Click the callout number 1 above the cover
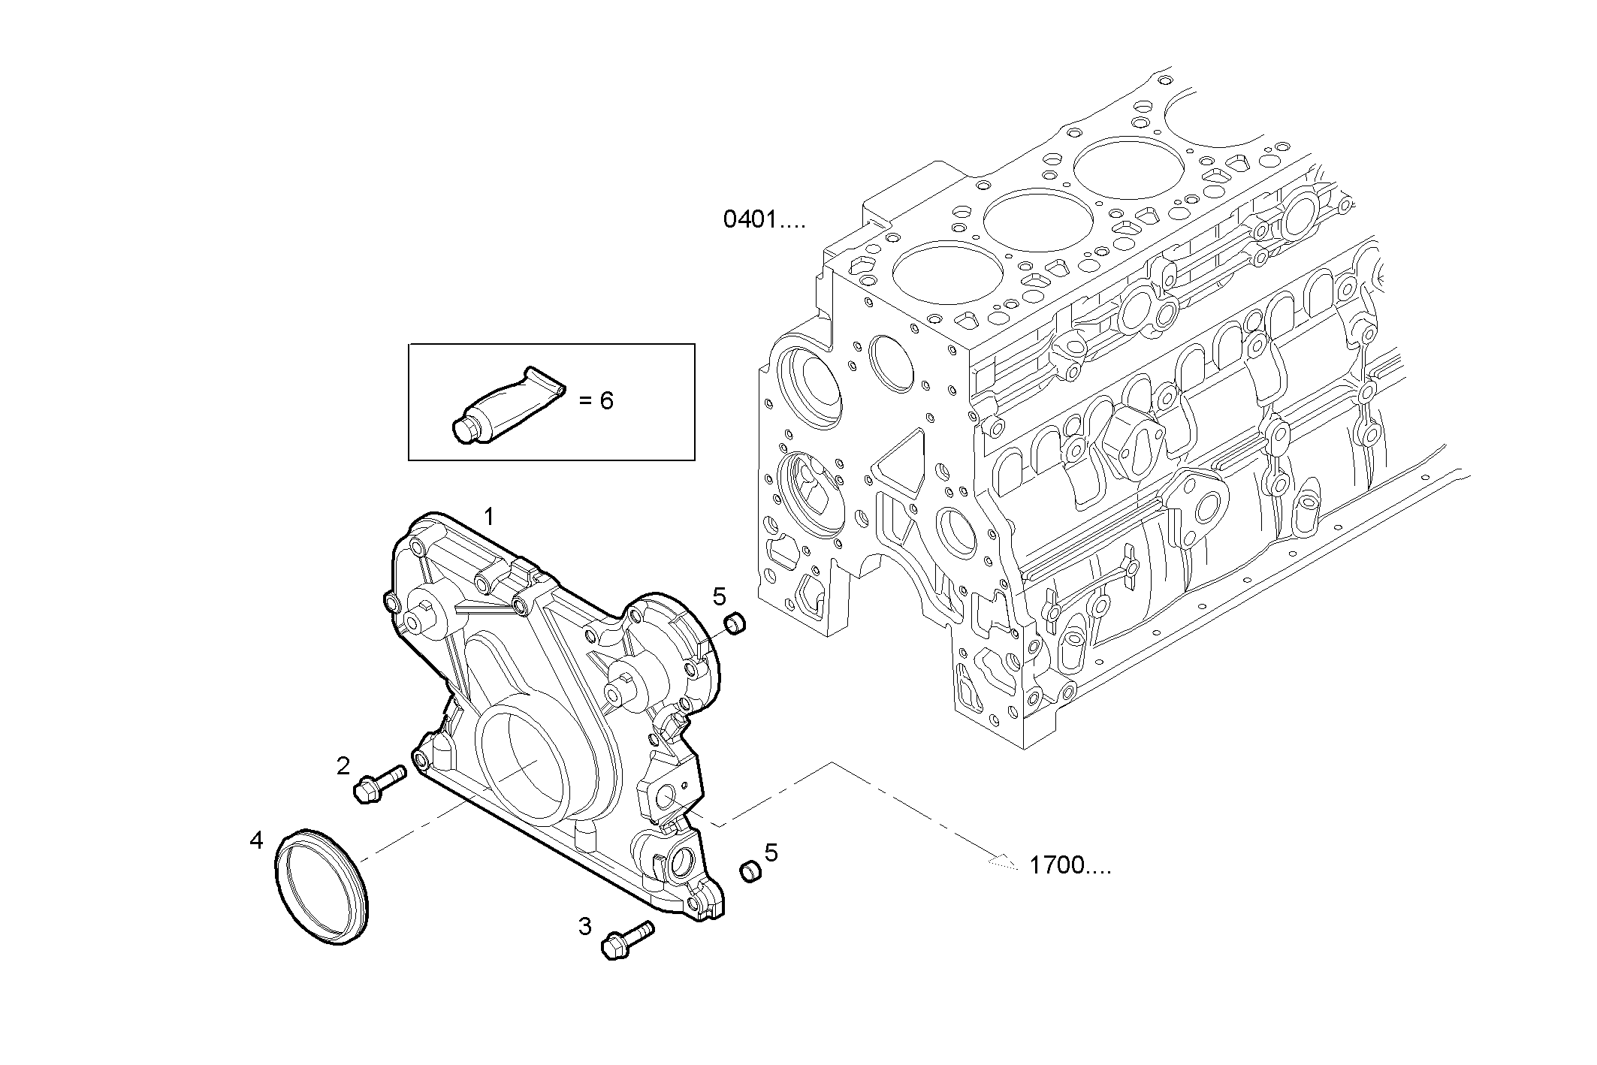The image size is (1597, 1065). tap(489, 517)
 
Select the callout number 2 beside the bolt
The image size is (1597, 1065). tap(343, 766)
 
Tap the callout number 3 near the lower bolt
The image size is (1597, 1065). tap(585, 927)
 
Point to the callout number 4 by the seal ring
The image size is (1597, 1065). tap(257, 840)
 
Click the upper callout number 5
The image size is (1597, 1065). tap(719, 597)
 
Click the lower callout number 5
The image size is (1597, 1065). tap(771, 852)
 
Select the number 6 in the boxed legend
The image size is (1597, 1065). tap(606, 401)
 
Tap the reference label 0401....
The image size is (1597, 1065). tap(763, 220)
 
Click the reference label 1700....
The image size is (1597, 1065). tap(1069, 866)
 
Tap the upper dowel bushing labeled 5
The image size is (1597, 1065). tap(734, 623)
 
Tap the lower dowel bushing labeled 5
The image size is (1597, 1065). tap(751, 871)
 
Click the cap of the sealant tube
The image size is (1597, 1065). tap(464, 429)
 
